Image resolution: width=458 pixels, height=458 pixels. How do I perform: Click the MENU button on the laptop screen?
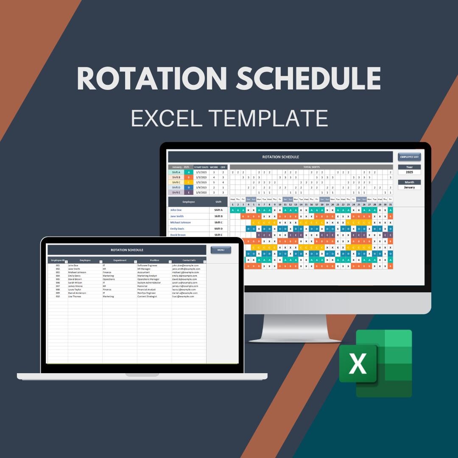coord(221,250)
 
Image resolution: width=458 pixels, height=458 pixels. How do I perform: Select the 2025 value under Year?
coord(409,172)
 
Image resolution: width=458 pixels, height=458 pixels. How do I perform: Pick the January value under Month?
coord(409,187)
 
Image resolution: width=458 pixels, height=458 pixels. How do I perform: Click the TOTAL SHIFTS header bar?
coord(311,167)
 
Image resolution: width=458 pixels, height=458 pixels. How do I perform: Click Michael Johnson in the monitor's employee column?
coord(181,222)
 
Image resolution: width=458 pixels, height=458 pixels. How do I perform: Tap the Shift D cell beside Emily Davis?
coord(218,229)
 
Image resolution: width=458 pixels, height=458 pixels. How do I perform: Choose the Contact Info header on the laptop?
coord(189,260)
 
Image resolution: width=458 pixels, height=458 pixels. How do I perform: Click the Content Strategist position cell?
coord(147,296)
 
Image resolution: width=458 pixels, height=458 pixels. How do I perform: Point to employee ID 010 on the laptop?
coord(58,296)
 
